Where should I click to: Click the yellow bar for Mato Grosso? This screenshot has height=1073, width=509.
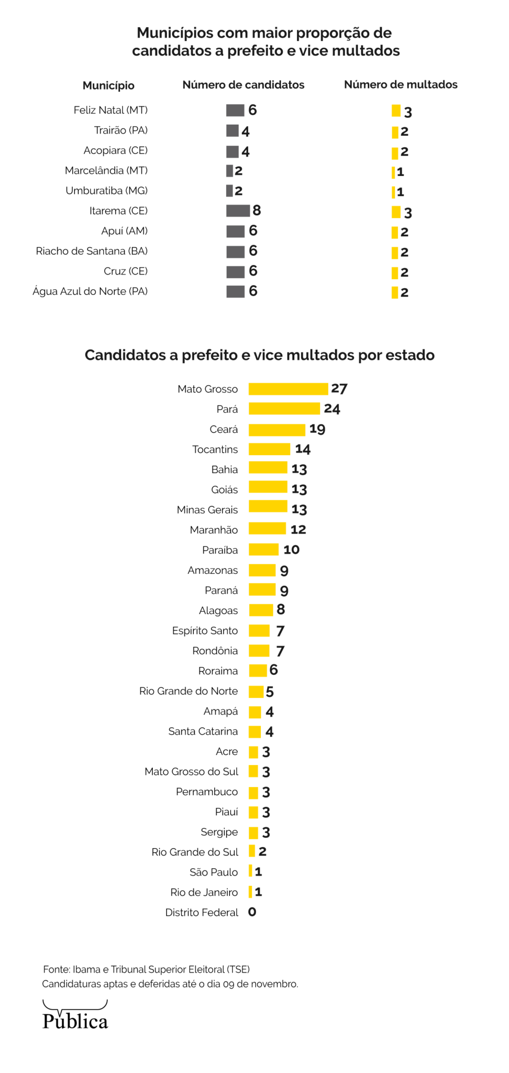(288, 389)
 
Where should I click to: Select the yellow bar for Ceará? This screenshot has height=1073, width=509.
(276, 430)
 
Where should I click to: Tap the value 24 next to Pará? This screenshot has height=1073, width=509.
(332, 409)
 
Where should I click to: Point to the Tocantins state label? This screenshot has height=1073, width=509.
(215, 450)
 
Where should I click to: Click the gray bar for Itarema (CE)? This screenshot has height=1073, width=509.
(238, 211)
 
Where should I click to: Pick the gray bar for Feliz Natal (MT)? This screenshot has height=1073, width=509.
(235, 110)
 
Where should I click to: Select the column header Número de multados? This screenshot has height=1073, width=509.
(401, 85)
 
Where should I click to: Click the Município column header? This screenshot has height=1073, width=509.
(108, 85)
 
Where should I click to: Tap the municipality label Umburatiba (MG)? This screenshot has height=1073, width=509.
(106, 191)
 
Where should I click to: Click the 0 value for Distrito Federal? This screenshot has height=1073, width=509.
(252, 912)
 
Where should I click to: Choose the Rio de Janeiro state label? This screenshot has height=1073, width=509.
(204, 892)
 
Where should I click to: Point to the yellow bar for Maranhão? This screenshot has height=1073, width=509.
(267, 529)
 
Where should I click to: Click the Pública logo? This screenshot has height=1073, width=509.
(75, 1016)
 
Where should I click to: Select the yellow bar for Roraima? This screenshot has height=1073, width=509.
(258, 671)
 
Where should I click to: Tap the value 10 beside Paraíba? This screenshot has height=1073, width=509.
(291, 550)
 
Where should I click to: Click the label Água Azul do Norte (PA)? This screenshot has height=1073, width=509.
(90, 291)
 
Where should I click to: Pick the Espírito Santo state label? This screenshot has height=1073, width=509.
(205, 631)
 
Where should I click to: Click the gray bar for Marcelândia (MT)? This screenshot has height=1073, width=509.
(229, 171)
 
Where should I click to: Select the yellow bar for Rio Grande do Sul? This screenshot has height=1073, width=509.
(252, 851)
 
